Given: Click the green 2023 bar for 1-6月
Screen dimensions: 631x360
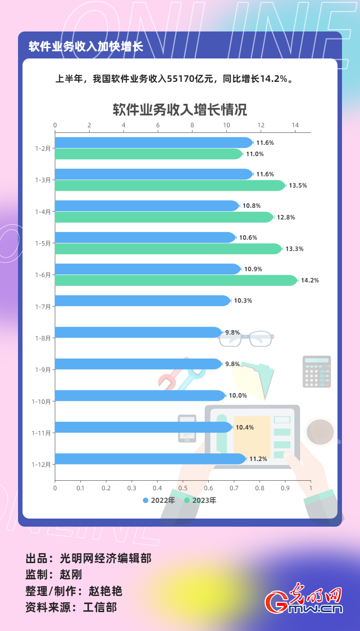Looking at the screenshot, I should [175, 281].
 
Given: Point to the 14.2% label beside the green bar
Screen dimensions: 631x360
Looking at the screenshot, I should [310, 281].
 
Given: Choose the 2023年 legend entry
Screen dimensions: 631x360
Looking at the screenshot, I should [200, 500].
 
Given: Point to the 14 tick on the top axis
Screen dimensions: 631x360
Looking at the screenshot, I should [295, 125].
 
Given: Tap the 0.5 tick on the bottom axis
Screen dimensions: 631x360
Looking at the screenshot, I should [183, 488].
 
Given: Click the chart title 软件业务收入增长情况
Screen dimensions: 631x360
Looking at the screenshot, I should [180, 110].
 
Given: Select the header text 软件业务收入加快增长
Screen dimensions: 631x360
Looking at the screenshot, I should [86, 47].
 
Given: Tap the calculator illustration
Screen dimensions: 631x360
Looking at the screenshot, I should [317, 371].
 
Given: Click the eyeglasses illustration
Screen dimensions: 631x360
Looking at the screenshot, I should [246, 338].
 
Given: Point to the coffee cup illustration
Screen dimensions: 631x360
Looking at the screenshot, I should [320, 432].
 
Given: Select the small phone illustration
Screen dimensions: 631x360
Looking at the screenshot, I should [187, 428].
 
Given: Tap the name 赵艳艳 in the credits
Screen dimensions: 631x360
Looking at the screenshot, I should [106, 591].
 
